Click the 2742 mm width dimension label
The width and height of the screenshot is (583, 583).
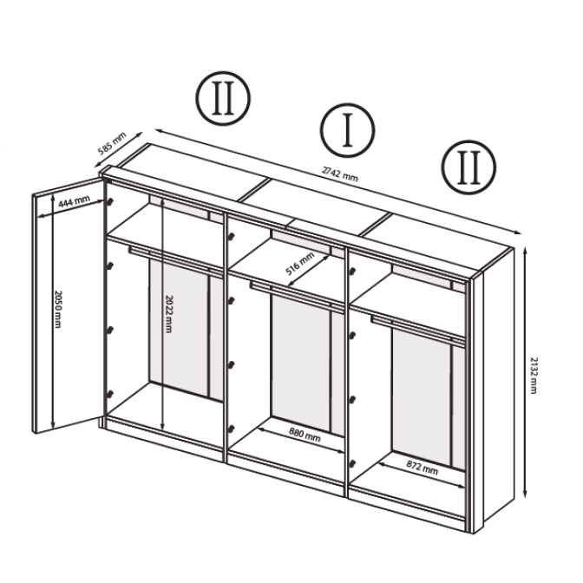340,174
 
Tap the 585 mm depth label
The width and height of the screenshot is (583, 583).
112,142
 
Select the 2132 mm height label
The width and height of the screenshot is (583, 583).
534,376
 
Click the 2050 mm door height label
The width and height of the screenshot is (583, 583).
57,309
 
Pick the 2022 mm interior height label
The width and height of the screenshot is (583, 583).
168,314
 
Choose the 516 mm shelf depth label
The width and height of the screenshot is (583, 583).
299,263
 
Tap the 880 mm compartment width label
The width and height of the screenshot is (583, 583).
305,435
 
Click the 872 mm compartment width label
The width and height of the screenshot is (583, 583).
422,468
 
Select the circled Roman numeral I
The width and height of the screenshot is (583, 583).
348,130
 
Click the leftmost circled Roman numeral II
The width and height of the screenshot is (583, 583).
223,98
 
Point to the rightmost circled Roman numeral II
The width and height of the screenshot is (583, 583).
468,167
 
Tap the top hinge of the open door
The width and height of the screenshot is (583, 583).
109,201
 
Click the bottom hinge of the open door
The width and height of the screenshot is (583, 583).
109,394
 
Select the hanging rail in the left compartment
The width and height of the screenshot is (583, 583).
174,259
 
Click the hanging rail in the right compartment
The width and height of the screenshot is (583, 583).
417,328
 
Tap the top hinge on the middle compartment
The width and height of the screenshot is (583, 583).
232,236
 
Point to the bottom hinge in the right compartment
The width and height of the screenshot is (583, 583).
352,463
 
